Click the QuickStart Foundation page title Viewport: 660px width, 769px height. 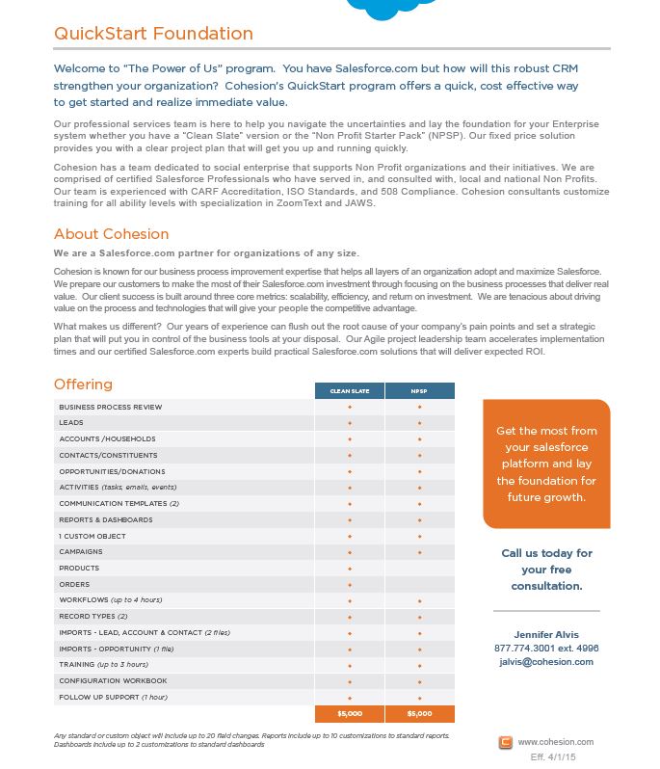point(153,34)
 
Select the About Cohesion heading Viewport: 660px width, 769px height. point(111,234)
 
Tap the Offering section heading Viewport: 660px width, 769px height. point(83,384)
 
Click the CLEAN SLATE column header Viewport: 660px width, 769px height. point(349,391)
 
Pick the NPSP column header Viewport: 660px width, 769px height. point(419,391)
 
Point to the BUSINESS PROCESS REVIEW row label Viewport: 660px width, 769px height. point(110,407)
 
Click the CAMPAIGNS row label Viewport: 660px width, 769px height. point(80,552)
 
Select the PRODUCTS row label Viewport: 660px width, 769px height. point(79,569)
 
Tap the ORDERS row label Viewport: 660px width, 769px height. point(74,584)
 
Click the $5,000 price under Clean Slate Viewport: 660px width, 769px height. point(349,714)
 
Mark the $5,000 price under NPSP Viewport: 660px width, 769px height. point(419,714)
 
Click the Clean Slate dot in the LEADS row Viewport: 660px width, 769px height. point(350,423)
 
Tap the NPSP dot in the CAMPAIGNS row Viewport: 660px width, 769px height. point(419,552)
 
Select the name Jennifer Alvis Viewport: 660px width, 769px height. point(546,634)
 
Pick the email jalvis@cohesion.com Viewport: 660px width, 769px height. point(546,662)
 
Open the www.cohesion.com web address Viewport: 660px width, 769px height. point(556,742)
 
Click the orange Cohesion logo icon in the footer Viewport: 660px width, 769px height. point(506,742)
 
